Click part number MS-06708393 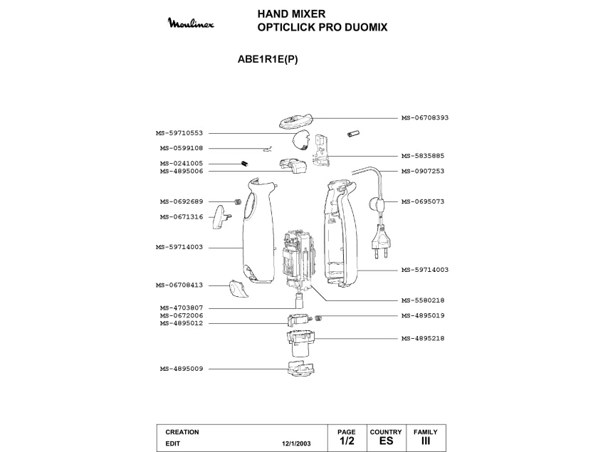tap(425, 117)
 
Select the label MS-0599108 tap(182, 148)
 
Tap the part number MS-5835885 tap(423, 156)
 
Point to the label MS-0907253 tap(423, 171)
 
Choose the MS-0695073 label tap(423, 201)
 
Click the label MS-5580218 tap(423, 300)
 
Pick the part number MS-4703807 tap(182, 308)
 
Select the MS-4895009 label tap(182, 369)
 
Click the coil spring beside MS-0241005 tap(243, 164)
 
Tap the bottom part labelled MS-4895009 tap(300, 369)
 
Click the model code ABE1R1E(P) tap(267, 60)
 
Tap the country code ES tap(386, 441)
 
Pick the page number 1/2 tap(346, 441)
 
